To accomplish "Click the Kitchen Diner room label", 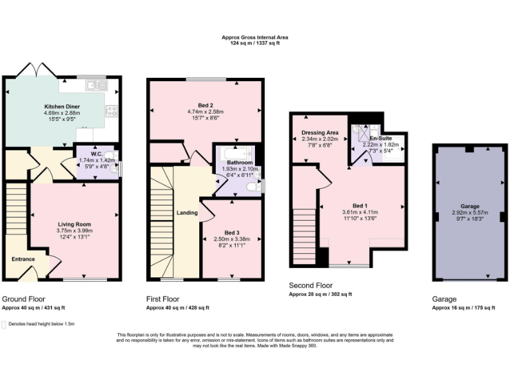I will pos(62,106).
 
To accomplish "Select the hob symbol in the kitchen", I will pos(112,111).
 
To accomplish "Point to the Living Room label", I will pos(74,224).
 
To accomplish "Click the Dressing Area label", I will pos(320,132).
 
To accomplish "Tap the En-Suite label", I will pos(379,138).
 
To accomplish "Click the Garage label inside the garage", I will pos(469,207).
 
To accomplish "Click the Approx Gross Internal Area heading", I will pos(255,38).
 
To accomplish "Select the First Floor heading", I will pos(163,299).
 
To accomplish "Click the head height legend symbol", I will pos(5,324).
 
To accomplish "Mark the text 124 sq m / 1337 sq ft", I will pos(255,44).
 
